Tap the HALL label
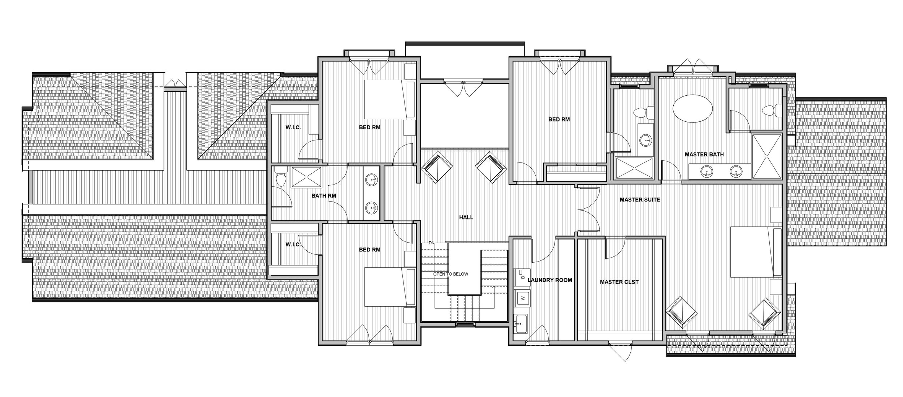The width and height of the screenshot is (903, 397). click(466, 217)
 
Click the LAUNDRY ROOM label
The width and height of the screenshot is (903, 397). click(550, 280)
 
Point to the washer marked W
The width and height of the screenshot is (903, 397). click(521, 298)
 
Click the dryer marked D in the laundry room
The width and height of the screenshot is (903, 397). click(522, 277)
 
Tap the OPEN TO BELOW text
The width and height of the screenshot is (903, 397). click(450, 274)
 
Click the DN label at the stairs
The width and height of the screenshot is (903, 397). click(431, 243)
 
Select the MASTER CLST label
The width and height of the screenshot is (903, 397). click(619, 282)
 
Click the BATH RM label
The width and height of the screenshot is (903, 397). click(324, 196)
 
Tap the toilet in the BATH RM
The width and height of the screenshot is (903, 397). click(280, 178)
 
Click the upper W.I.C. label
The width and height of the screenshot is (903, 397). click(293, 128)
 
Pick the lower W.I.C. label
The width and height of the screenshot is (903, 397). click(293, 245)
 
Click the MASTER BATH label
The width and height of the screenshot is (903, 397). click(704, 155)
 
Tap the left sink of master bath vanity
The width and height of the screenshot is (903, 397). click(705, 171)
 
